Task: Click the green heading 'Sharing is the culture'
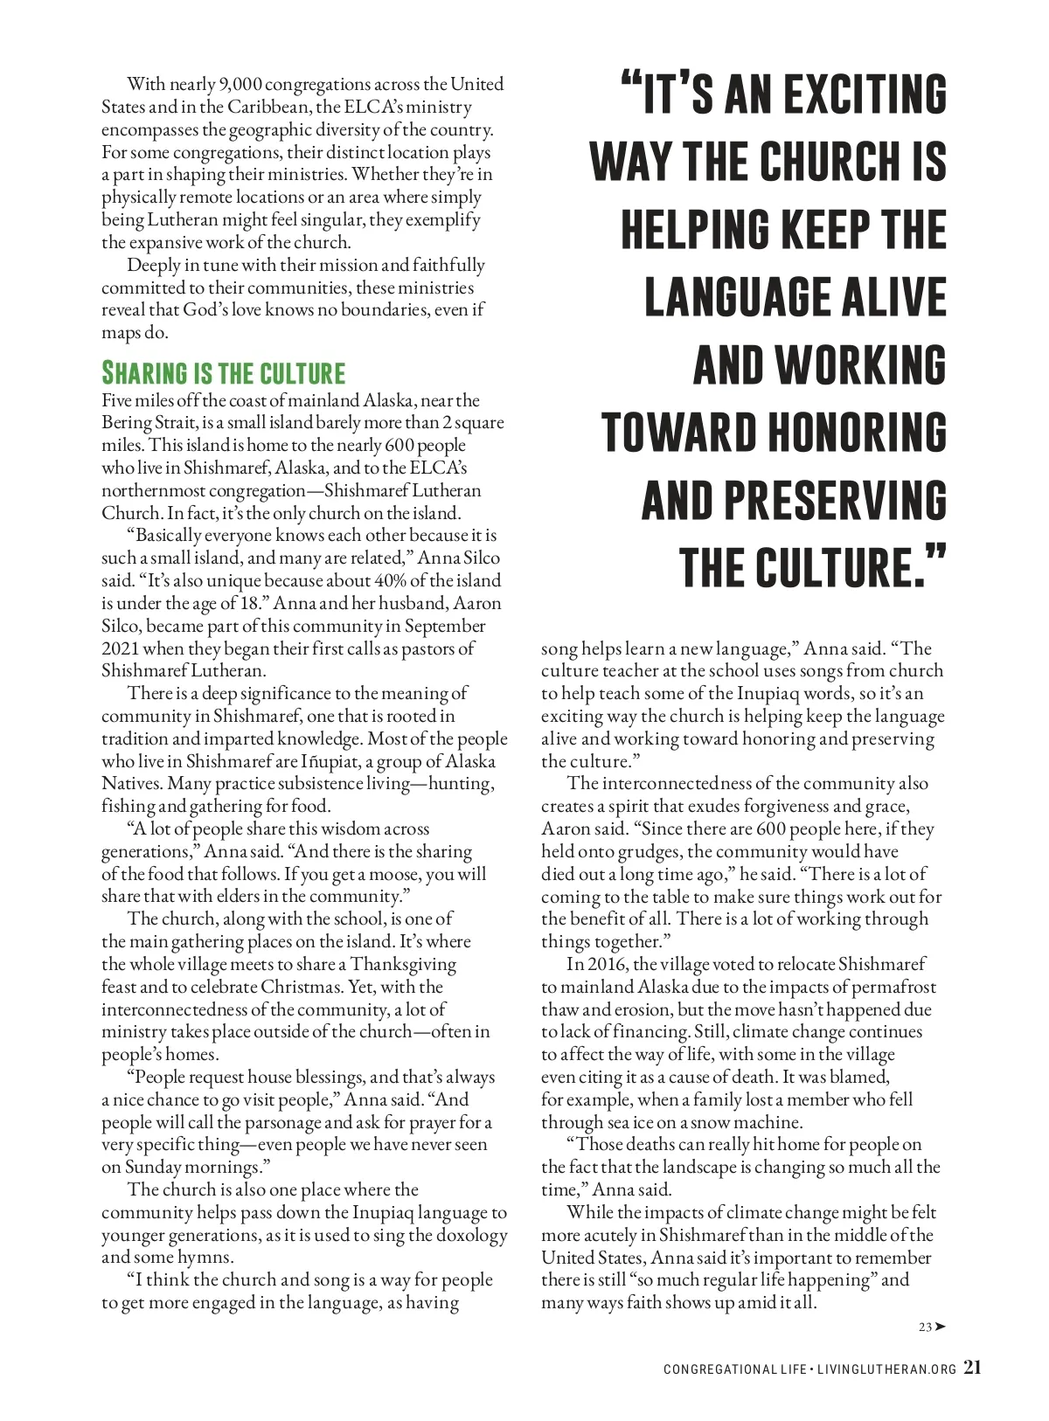(224, 373)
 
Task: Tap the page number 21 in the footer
(972, 1368)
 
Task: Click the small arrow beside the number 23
(940, 1327)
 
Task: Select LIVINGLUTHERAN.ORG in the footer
(886, 1369)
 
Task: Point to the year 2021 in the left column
(120, 649)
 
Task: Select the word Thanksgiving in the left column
(403, 965)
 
